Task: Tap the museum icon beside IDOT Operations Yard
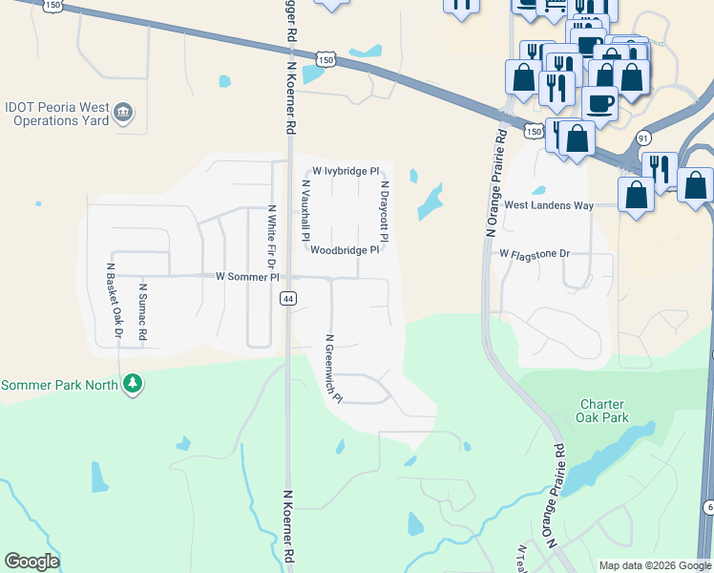(x=122, y=115)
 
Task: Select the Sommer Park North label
(x=59, y=385)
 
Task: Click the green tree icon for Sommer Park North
(x=133, y=385)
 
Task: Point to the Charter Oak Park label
(x=603, y=411)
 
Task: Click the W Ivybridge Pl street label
(x=346, y=170)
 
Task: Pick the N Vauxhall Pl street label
(x=306, y=209)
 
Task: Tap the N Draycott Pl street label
(x=385, y=212)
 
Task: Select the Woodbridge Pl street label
(x=345, y=250)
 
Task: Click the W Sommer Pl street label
(x=246, y=277)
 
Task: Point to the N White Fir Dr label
(x=271, y=237)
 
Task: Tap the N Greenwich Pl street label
(x=333, y=369)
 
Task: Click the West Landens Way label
(x=549, y=205)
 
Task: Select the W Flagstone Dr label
(x=534, y=254)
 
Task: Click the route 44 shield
(x=286, y=299)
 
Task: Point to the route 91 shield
(x=643, y=137)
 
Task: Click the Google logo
(x=31, y=562)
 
